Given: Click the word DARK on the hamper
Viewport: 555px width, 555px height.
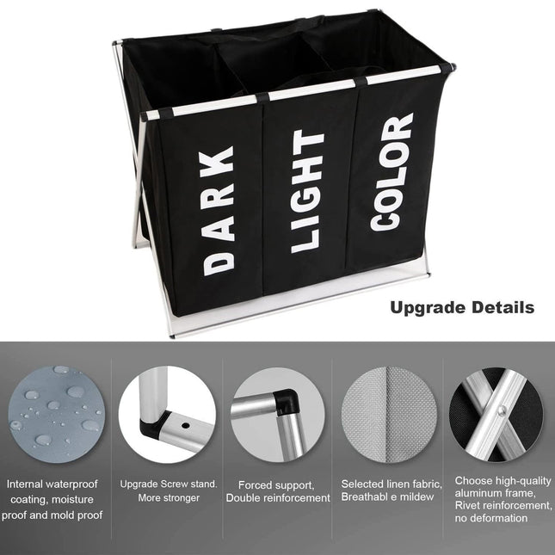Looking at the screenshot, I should pyautogui.click(x=219, y=210).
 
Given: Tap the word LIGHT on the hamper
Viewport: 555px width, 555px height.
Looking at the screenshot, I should pyautogui.click(x=307, y=191).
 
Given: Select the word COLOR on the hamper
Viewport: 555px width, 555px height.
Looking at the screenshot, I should pyautogui.click(x=392, y=172).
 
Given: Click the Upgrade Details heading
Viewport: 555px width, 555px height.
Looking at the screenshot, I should pyautogui.click(x=462, y=307).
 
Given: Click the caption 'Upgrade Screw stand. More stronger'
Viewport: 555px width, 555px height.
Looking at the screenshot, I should pyautogui.click(x=168, y=490).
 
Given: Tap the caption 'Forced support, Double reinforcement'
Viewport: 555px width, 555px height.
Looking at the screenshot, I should pyautogui.click(x=278, y=491).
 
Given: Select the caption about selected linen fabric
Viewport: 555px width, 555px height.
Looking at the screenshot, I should pyautogui.click(x=391, y=491).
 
